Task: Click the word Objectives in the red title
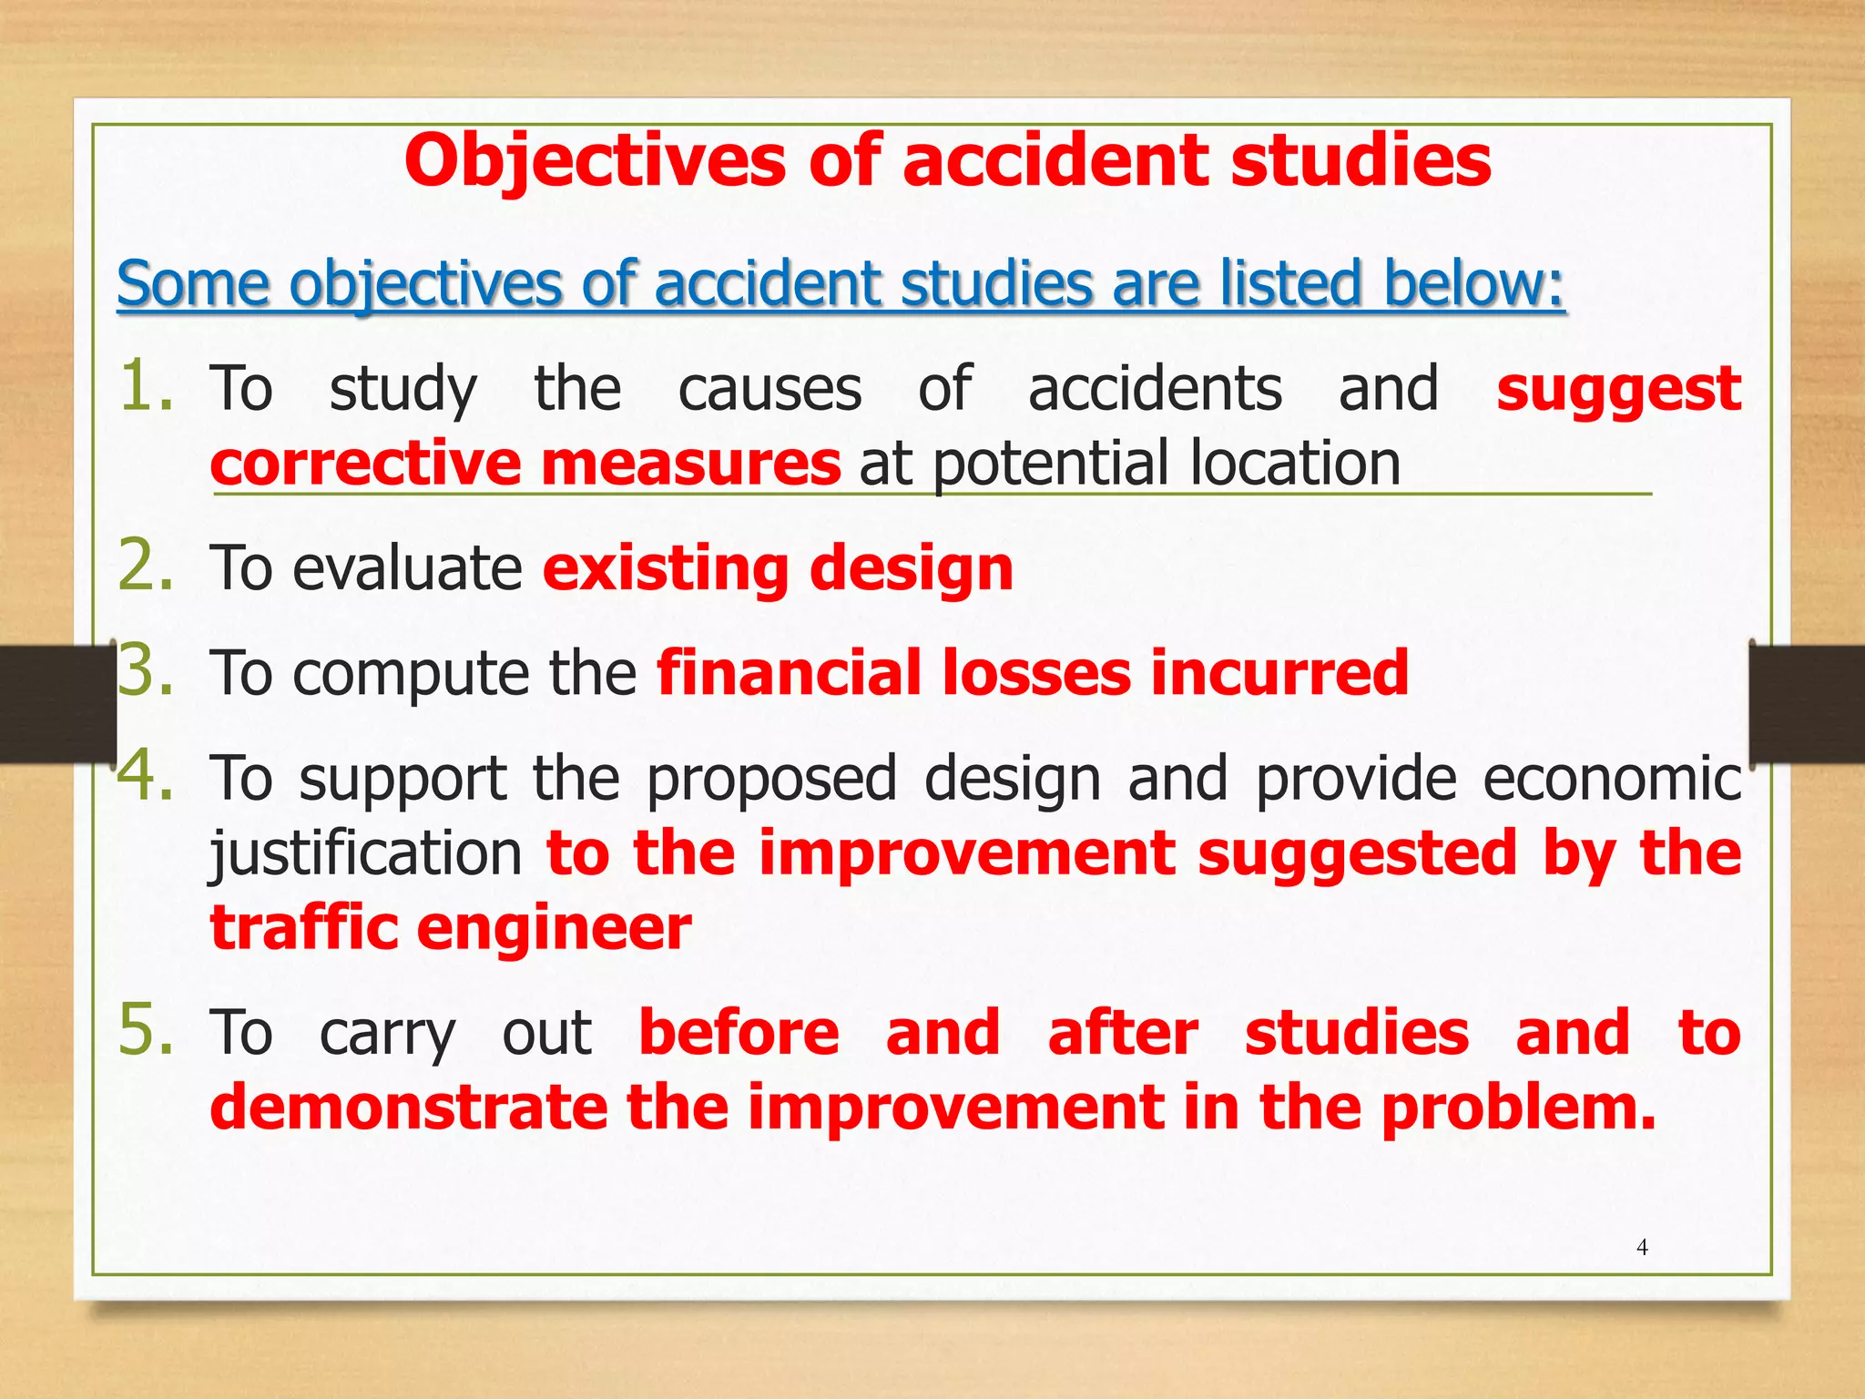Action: pos(594,161)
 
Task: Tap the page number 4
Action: pos(1642,1248)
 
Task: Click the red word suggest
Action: pos(1618,390)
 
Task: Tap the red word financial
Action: pos(789,673)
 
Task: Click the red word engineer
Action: pos(554,929)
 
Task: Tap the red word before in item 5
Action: pos(739,1033)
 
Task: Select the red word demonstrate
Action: pos(409,1108)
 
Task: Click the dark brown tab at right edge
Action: pos(1808,701)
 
